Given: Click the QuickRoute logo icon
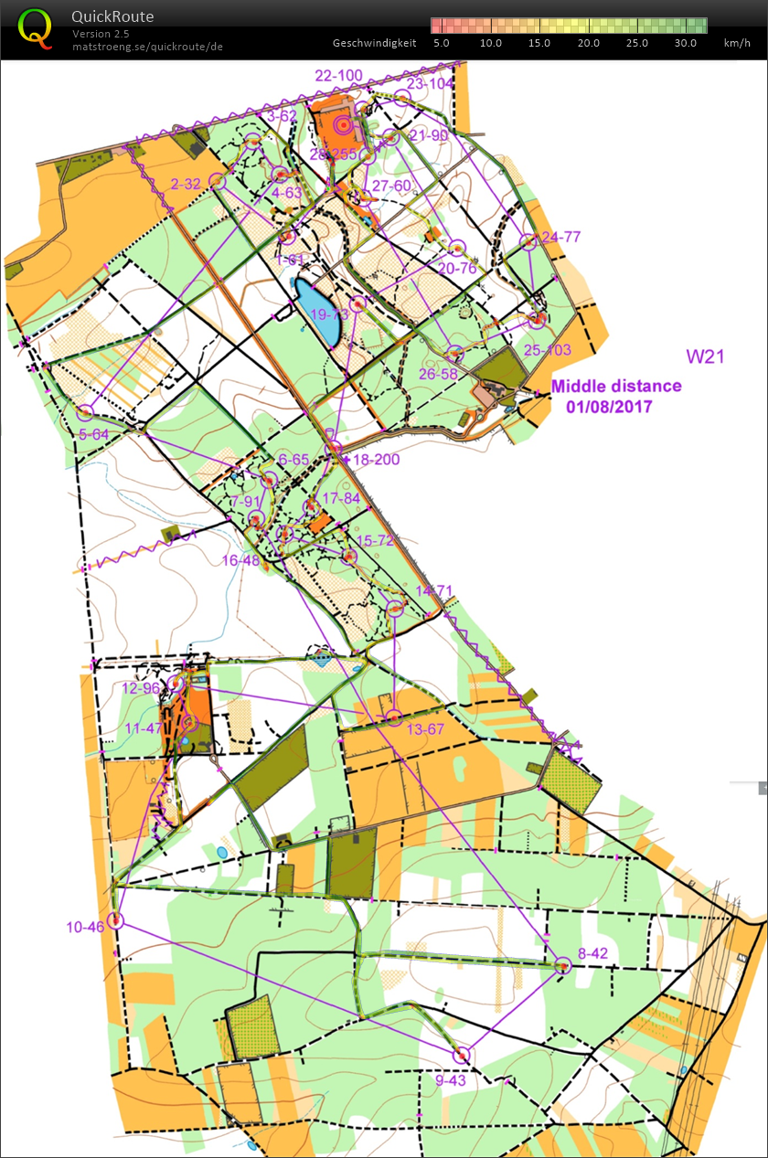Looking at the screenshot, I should [x=35, y=27].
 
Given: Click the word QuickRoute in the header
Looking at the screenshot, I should [x=112, y=16].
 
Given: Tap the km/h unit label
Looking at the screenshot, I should [x=736, y=43].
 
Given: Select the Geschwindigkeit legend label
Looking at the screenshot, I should [x=375, y=43].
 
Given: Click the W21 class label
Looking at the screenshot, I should [x=706, y=356].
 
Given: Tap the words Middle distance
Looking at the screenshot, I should [x=615, y=386].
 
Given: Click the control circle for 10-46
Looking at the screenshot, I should [x=115, y=920].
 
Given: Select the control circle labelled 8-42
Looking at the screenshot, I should [x=562, y=964].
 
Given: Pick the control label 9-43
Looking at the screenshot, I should [x=451, y=1081].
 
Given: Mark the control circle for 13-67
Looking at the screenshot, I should [x=394, y=717].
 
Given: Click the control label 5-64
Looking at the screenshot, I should [x=94, y=435].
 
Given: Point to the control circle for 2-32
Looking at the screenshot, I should [x=218, y=182].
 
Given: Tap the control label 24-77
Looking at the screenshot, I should [x=560, y=237].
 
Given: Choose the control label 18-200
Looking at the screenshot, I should [x=376, y=459].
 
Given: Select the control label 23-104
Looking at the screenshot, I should [x=430, y=83].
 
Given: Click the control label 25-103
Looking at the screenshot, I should [x=548, y=350].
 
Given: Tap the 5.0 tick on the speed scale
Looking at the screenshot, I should [x=442, y=43].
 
